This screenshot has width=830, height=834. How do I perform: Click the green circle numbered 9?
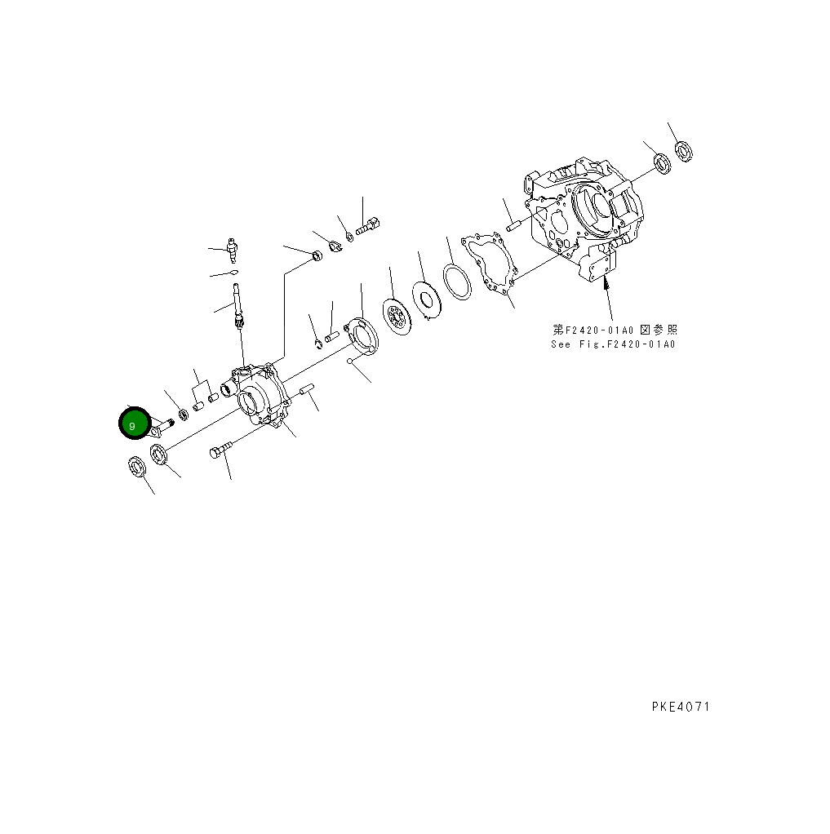(133, 424)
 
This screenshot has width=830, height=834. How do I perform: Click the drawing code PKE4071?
(680, 707)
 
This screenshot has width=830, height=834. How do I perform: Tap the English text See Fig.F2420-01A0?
(613, 344)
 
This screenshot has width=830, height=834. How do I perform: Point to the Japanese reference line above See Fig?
(615, 330)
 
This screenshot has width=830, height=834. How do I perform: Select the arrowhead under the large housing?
(606, 285)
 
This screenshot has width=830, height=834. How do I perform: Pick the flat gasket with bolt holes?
(488, 261)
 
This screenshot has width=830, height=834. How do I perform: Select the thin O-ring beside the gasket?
(457, 282)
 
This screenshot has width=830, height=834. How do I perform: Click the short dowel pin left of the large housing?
(513, 224)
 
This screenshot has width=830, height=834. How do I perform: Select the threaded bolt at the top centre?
(368, 224)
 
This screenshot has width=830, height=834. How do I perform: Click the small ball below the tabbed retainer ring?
(349, 360)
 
